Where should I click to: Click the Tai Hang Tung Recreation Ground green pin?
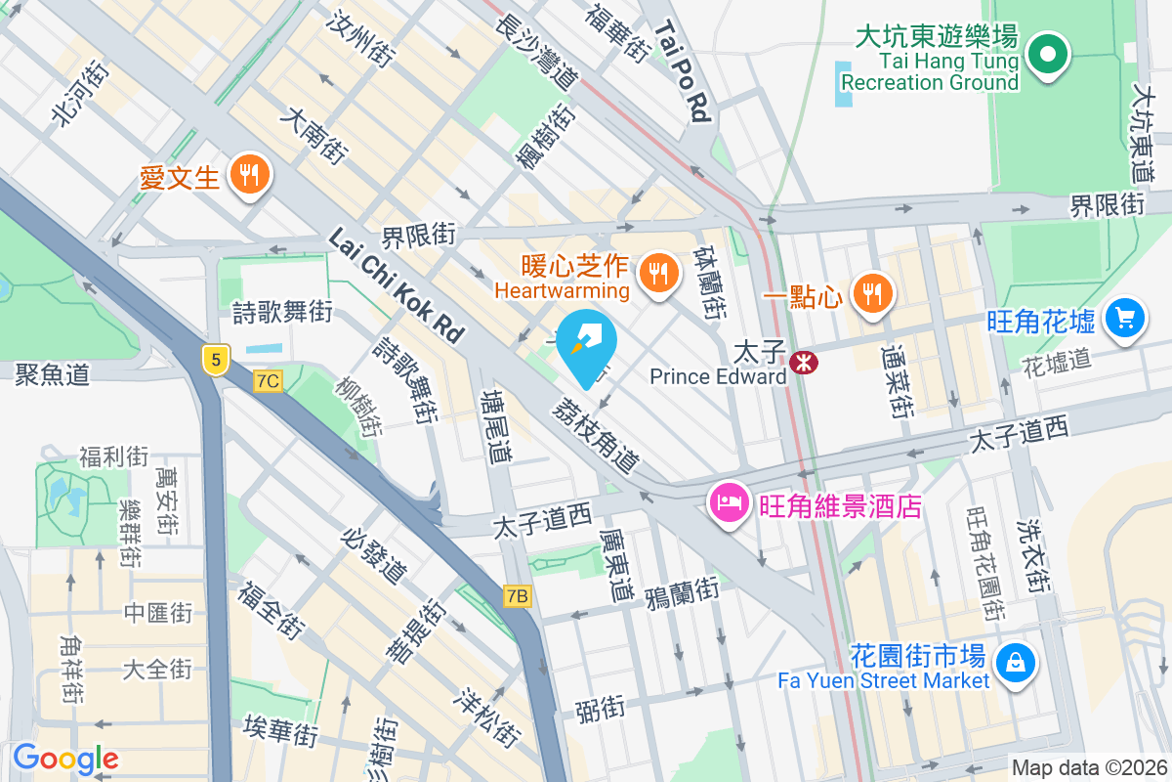point(1049,55)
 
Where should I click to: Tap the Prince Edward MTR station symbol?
point(805,362)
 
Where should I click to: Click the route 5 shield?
point(215,360)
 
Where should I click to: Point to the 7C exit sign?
point(268,381)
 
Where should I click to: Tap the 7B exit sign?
point(518,595)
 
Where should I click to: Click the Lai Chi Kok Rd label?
point(396,284)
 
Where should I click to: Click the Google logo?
point(65,759)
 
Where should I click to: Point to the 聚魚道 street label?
point(53,373)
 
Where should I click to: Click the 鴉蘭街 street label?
point(682,592)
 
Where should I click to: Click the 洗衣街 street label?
point(1032,556)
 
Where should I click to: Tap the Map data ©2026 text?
point(1089,768)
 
